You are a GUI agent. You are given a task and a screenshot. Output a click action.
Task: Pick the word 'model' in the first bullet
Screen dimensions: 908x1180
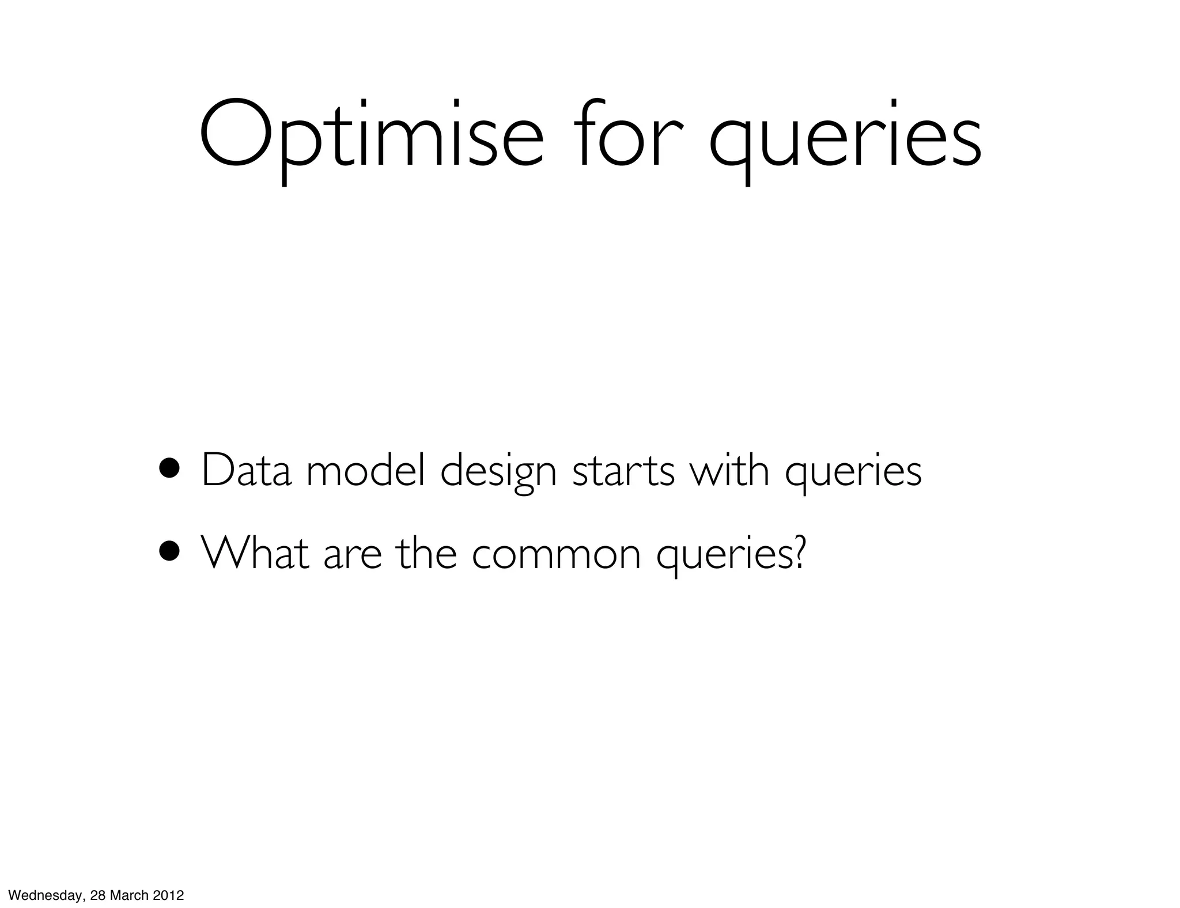click(x=366, y=470)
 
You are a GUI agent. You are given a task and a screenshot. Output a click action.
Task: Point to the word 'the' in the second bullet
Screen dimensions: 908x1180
click(x=427, y=551)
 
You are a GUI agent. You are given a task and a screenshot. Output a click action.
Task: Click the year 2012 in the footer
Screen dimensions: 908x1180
click(x=168, y=895)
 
